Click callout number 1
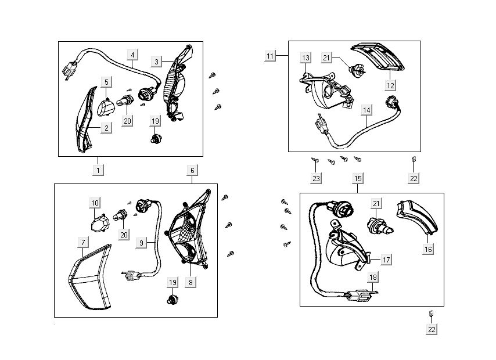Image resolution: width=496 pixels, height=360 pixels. coord(99,170)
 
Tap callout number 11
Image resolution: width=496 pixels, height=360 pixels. coord(270,56)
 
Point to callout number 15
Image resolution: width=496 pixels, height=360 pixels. coord(357,178)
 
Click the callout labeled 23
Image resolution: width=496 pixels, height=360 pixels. coord(316,178)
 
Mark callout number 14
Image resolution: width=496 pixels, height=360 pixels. coord(366,109)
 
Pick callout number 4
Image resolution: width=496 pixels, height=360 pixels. coord(132,55)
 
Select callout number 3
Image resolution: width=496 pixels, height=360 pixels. coord(157,62)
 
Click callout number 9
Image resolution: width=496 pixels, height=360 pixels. coord(141,244)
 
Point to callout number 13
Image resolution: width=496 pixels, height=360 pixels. coord(305,57)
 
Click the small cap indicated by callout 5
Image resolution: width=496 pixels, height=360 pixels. coord(106,107)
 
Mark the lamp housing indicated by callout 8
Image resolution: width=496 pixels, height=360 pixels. coord(189,238)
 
